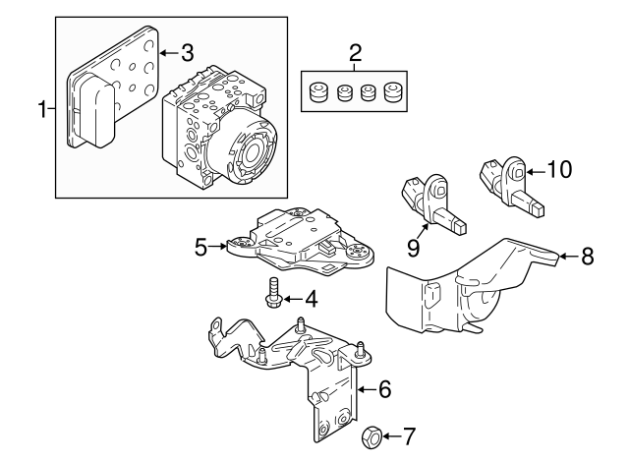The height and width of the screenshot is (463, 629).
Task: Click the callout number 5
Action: click(x=200, y=247)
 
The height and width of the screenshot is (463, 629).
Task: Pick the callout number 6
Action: click(x=384, y=389)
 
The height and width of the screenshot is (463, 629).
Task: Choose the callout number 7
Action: click(x=410, y=434)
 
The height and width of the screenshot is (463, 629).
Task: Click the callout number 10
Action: click(x=557, y=170)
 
